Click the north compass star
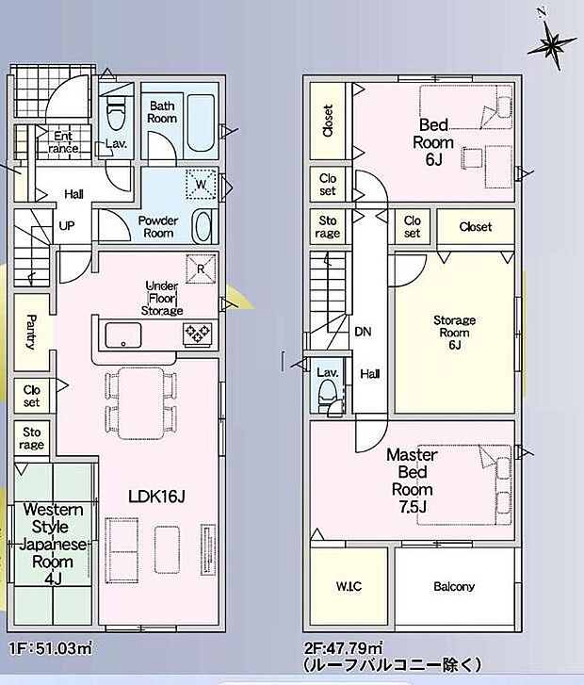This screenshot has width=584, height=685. pos(552,42)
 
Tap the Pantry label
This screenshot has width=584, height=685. pos(31,332)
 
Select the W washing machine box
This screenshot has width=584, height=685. pos(202,184)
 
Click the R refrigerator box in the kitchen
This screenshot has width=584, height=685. pos(201,269)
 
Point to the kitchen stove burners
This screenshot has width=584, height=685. pos(198,335)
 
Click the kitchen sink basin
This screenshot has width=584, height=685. pos(123,335)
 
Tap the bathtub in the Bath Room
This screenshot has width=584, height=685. pos(201,122)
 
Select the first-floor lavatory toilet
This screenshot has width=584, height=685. pos(116,113)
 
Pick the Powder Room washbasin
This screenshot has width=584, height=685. pos(203,226)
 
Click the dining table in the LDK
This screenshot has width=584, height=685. pos(140,403)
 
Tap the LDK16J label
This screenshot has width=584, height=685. pos(156,497)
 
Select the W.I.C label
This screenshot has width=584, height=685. pos(349,586)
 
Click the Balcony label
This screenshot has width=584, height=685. pos(454,586)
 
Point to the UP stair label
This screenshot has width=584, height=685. pos(67,226)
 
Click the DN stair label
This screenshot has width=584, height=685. pos(363,332)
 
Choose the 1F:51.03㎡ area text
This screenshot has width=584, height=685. pos(51,648)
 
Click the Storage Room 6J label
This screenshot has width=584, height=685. pos(454,333)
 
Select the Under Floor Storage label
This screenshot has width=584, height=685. pos(162,299)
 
